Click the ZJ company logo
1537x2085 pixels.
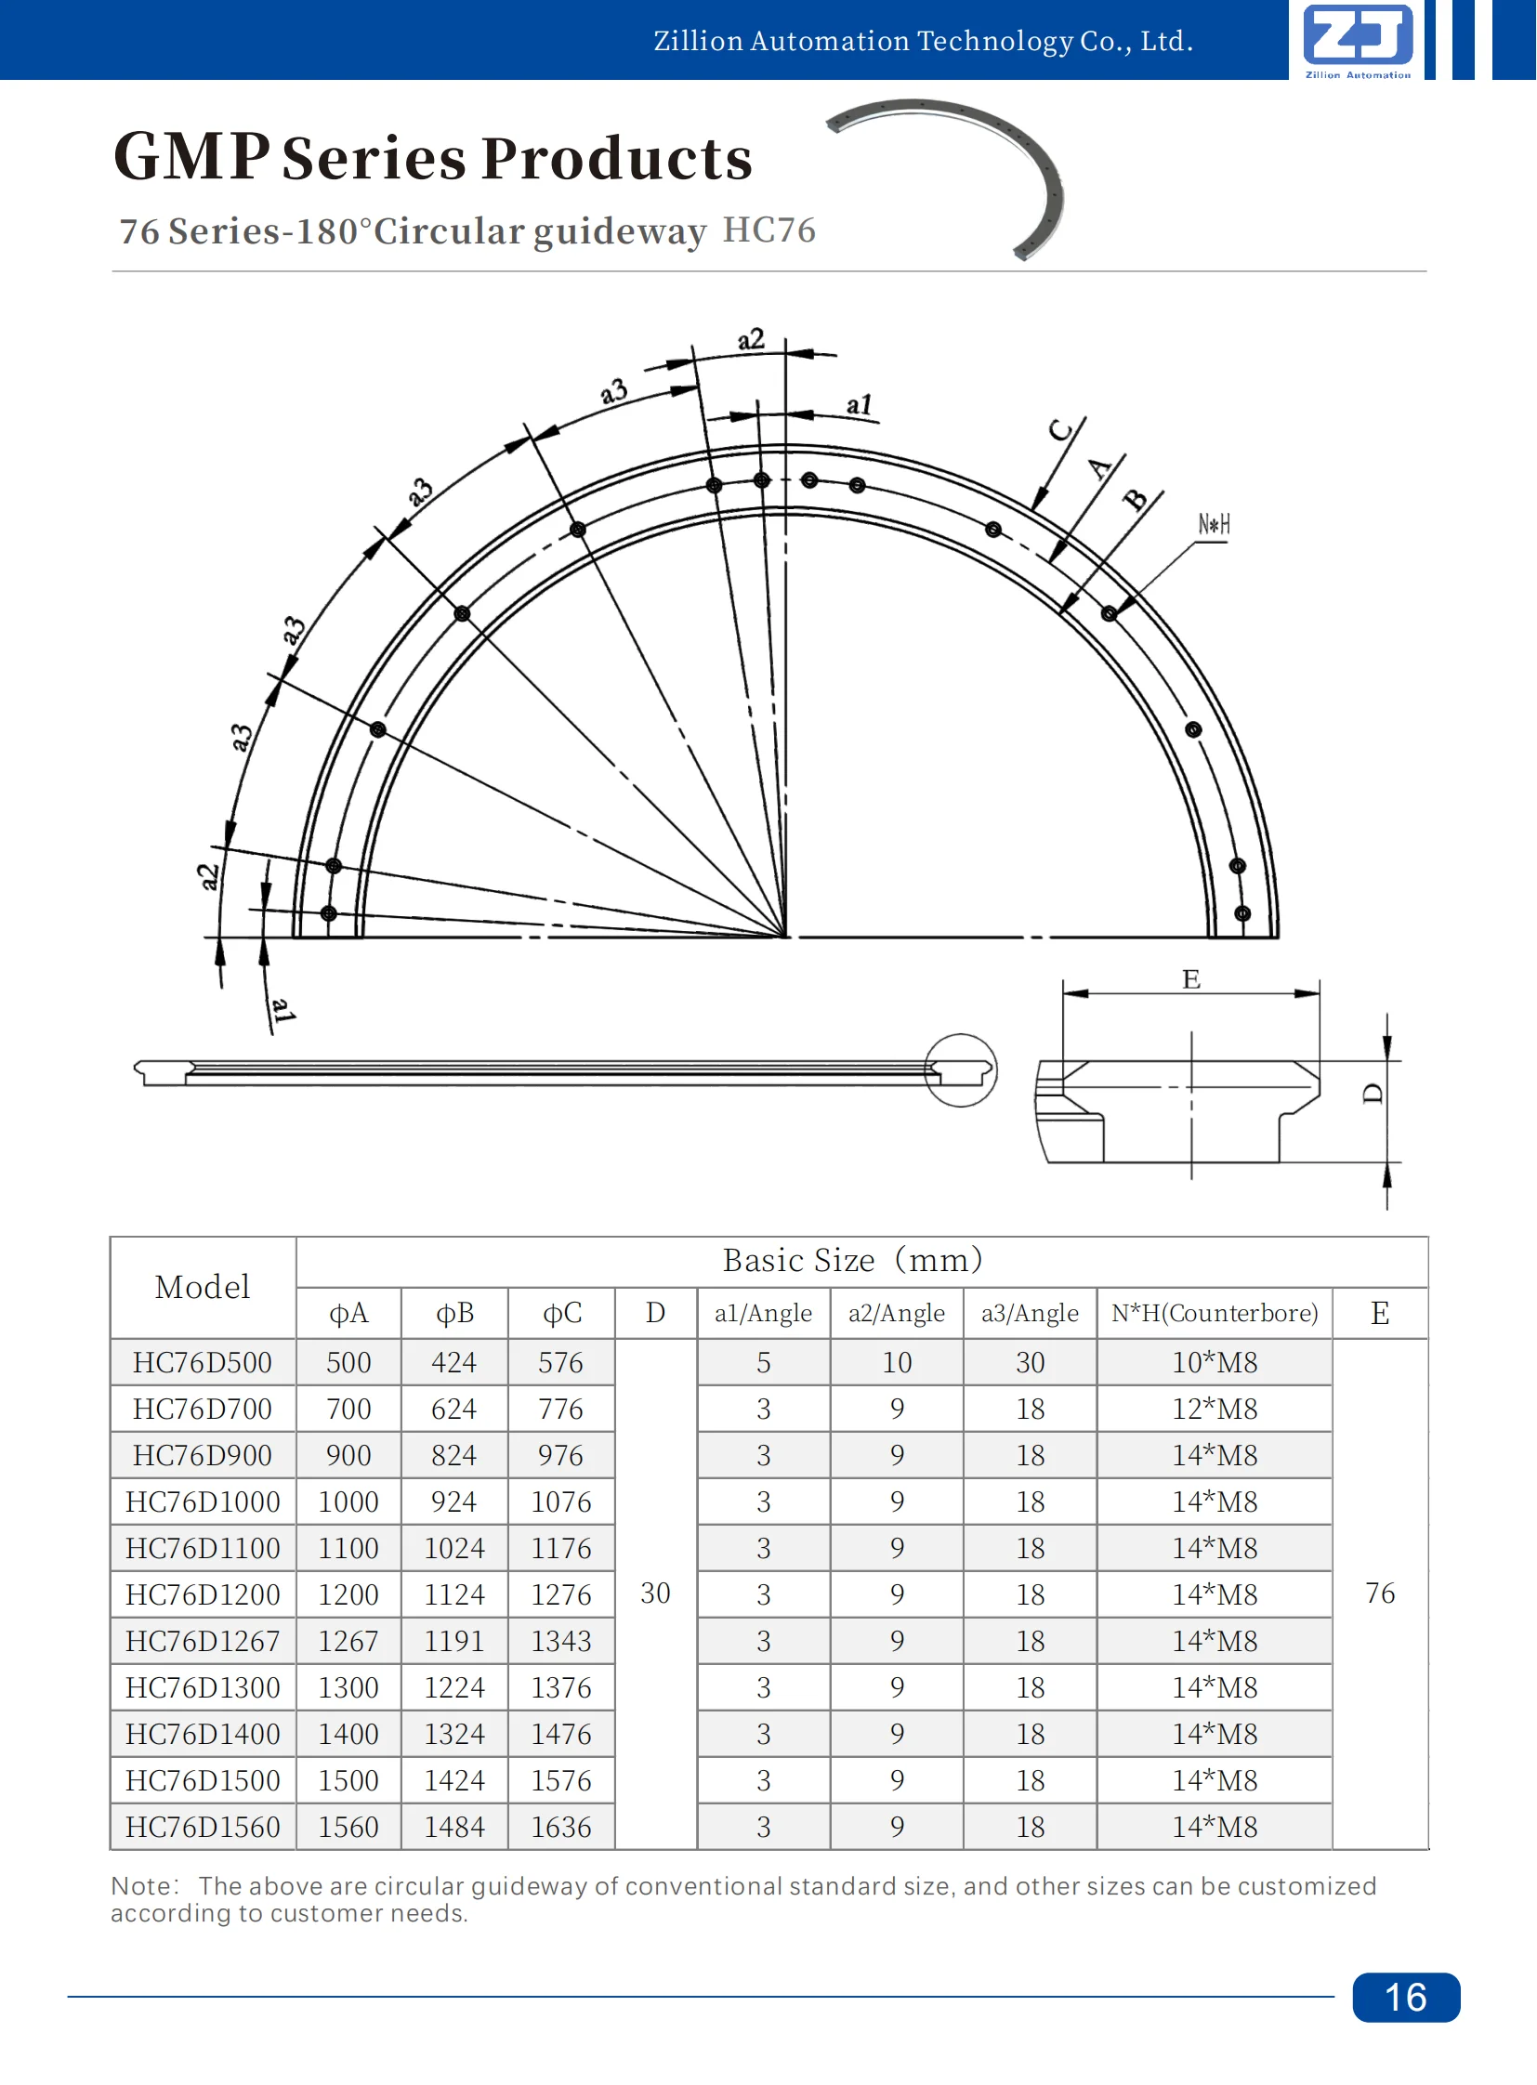1358,38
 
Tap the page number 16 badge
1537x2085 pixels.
1405,1997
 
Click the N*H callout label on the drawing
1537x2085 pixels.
1214,525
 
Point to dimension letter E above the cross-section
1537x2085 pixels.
1191,978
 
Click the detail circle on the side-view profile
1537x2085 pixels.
960,1070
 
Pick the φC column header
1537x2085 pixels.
561,1313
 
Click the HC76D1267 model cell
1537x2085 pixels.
203,1640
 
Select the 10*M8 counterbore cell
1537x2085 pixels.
1215,1362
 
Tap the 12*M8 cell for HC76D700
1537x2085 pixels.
1215,1409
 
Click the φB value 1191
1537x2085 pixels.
454,1640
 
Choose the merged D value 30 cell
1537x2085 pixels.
655,1593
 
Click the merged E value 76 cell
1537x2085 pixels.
1380,1593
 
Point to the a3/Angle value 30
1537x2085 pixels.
1030,1362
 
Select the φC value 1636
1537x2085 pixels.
561,1827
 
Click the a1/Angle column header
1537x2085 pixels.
763,1313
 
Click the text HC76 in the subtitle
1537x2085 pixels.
768,229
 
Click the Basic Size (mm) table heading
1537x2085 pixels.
852,1260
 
